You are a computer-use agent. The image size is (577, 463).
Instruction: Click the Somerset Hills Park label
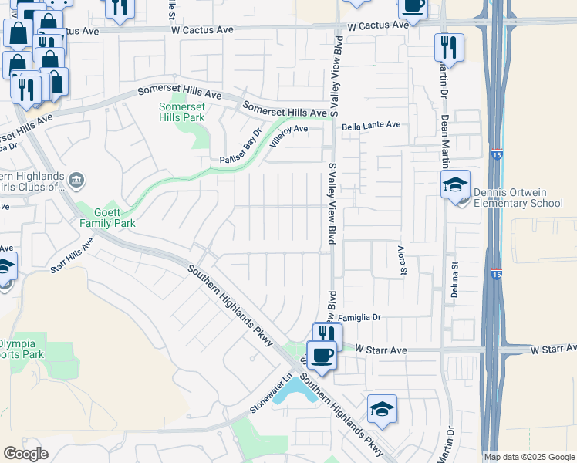pyautogui.click(x=182, y=112)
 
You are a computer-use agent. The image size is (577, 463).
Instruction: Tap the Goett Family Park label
pyautogui.click(x=107, y=217)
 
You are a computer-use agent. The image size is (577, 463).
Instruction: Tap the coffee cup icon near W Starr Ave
pyautogui.click(x=322, y=356)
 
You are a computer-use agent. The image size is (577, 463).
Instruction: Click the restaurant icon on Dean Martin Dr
pyautogui.click(x=448, y=48)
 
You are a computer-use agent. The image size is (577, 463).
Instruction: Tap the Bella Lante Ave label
pyautogui.click(x=372, y=124)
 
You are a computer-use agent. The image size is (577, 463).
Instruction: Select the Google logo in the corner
pyautogui.click(x=25, y=453)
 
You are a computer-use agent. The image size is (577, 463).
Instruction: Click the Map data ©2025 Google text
pyautogui.click(x=528, y=457)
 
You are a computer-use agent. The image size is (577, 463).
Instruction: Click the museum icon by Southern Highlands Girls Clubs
pyautogui.click(x=76, y=181)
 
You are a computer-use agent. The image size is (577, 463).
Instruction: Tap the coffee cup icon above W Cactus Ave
pyautogui.click(x=412, y=5)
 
